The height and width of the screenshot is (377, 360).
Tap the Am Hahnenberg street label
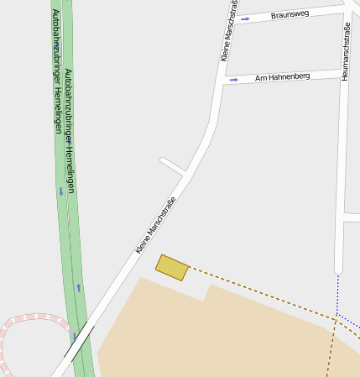tap(283, 76)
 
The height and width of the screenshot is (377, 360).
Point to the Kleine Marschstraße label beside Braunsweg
tap(228, 30)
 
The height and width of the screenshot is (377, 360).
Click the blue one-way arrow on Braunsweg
tap(245, 18)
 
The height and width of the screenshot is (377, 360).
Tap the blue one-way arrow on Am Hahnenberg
tap(234, 80)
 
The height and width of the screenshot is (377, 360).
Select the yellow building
tap(172, 267)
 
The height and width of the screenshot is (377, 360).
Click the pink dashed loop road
tap(25, 320)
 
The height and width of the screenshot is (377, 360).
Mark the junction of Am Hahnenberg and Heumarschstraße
tap(344, 72)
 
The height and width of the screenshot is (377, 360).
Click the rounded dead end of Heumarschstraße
tap(337, 270)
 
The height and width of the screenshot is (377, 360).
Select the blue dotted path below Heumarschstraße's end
tap(337, 294)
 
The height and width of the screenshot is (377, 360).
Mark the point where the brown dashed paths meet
tap(337, 317)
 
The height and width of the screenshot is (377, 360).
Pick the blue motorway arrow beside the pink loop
tap(74, 338)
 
